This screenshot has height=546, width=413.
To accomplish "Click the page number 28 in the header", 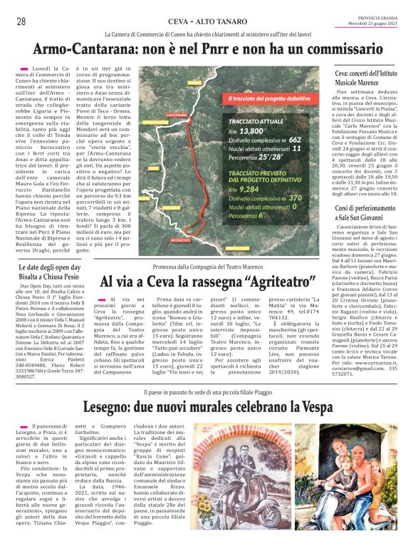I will point(21,22).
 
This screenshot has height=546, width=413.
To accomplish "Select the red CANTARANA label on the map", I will point(176,114).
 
